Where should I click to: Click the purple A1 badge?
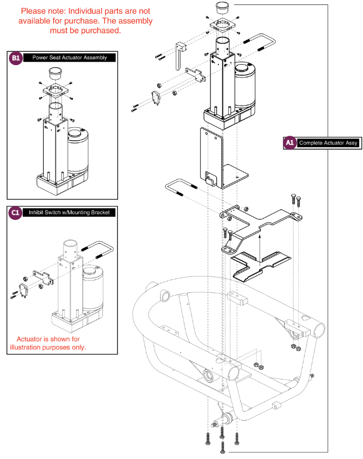[290, 143]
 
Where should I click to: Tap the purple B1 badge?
[16, 58]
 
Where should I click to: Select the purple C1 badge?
[16, 212]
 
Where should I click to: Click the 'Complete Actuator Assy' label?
[328, 143]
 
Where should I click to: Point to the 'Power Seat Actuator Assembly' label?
[70, 58]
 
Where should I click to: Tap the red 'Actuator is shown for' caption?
[48, 339]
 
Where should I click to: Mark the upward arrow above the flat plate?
[260, 244]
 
